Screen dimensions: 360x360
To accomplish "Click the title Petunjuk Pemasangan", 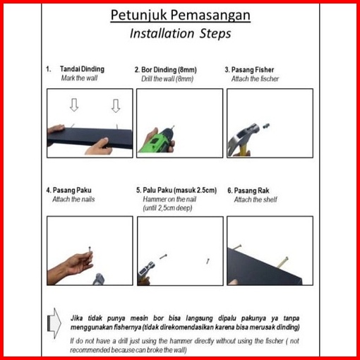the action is [x=180, y=15].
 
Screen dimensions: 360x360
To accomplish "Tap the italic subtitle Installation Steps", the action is [x=180, y=33].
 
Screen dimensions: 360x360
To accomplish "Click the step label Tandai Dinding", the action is [x=82, y=69].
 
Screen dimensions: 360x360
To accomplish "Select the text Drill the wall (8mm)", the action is [x=167, y=79].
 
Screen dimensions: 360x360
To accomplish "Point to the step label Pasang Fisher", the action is [x=253, y=70].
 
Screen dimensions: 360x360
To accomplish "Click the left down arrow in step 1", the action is [x=74, y=105].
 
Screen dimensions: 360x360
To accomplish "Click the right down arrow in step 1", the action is [x=116, y=106].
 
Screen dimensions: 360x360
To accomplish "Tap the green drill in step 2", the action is [x=157, y=140].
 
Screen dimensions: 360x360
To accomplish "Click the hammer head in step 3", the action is [x=245, y=134].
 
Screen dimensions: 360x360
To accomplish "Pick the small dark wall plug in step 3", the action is [x=266, y=126].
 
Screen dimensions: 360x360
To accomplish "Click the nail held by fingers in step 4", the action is [x=90, y=252].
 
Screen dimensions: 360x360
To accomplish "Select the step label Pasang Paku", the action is [x=72, y=190].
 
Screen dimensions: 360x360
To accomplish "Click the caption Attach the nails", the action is [x=73, y=199].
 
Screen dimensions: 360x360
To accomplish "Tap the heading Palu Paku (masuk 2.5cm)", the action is [x=180, y=190].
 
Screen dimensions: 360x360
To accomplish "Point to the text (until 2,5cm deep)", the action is [x=167, y=208].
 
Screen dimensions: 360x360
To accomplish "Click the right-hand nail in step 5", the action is [x=208, y=261].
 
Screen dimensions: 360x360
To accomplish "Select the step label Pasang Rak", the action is [x=251, y=191].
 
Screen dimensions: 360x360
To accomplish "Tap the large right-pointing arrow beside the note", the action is [x=54, y=323].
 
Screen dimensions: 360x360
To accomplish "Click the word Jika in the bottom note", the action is [x=77, y=318].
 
